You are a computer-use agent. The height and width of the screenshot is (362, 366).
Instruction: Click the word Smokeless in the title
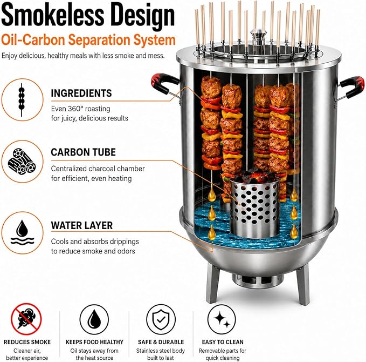pos(52,15)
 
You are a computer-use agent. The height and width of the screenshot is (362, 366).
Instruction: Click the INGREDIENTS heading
pos(81,93)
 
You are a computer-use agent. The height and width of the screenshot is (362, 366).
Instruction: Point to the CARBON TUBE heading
pos(83,152)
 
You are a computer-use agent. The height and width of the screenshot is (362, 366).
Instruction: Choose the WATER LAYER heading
pos(82,225)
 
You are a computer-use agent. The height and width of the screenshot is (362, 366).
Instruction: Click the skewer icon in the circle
pos(22,99)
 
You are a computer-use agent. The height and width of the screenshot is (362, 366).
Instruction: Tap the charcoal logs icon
pos(22,161)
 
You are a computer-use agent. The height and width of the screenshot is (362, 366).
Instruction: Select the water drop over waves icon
pos(23,232)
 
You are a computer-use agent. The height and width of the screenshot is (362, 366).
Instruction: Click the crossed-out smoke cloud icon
pos(26,319)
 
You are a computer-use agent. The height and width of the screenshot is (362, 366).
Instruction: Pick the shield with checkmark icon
pos(161,319)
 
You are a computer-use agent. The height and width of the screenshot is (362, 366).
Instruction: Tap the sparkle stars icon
pos(222,319)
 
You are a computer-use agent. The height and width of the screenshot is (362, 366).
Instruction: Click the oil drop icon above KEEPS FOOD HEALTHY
pos(94,319)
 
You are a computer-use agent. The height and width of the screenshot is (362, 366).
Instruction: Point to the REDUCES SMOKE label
pos(27,342)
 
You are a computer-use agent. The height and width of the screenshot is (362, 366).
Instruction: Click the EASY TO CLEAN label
pos(223,342)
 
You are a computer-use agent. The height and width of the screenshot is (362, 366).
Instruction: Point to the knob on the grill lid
pos(258,36)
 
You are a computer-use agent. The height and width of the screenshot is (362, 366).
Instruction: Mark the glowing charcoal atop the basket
pos(254,176)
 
